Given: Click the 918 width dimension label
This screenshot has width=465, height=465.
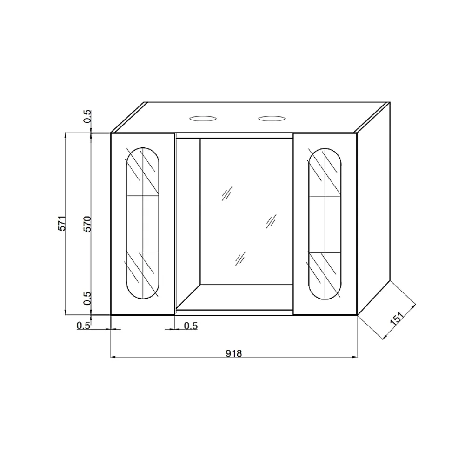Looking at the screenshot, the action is (234, 353).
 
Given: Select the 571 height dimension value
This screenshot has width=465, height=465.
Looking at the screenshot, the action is (62, 223).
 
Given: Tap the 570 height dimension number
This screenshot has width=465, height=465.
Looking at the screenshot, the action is (87, 224).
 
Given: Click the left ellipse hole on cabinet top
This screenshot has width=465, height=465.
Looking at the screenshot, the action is (203, 119).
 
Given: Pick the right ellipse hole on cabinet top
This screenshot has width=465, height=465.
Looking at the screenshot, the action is (272, 119).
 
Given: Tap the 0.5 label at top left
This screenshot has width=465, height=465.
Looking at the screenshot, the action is (87, 116).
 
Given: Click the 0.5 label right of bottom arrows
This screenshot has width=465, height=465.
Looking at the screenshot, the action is (191, 325).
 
